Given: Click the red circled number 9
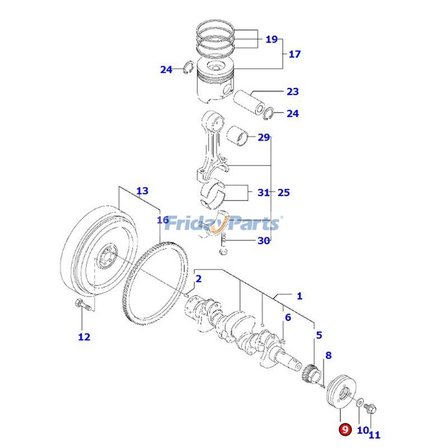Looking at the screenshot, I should coord(344,430).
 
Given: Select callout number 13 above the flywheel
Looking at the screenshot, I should coord(142,191).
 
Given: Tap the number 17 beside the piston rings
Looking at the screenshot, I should coord(295,54).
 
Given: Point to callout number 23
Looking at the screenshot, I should coord(292,91).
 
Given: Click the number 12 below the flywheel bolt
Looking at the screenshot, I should coord(83,337).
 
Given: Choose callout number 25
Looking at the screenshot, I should coord(283,193).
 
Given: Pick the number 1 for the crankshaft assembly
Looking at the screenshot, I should coord(299,295).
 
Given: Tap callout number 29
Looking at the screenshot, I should coord(264,137).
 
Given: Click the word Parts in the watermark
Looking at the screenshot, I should coord(252,223).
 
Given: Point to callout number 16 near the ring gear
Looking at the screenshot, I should coord(162,220).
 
